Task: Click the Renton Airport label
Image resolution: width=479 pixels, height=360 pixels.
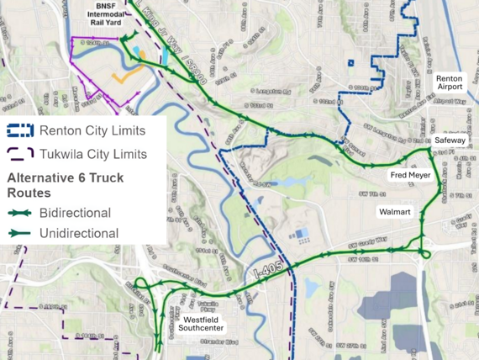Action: click(449, 82)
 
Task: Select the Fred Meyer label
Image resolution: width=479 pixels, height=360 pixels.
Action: click(409, 177)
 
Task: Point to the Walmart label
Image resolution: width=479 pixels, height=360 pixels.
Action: click(394, 212)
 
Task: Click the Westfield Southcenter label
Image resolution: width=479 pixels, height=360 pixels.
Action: click(202, 324)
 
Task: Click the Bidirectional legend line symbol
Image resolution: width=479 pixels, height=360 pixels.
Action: click(19, 213)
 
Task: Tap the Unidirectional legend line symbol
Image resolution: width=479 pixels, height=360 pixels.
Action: click(19, 233)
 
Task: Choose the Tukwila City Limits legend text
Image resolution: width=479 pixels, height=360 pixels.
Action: click(93, 154)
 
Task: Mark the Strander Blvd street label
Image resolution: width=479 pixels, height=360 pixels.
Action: click(222, 342)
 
